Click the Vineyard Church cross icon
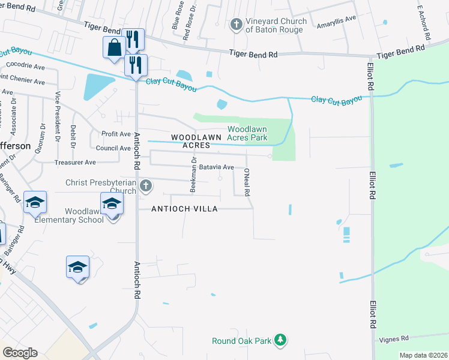236,25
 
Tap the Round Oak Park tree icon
280,341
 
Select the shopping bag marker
114,47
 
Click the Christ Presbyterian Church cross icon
145,187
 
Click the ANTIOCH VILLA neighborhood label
184,208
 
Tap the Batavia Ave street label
216,167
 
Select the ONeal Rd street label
247,182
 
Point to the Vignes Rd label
394,338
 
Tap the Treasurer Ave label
75,162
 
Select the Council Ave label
113,148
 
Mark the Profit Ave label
116,134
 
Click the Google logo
20,353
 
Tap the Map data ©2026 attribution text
423,355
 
